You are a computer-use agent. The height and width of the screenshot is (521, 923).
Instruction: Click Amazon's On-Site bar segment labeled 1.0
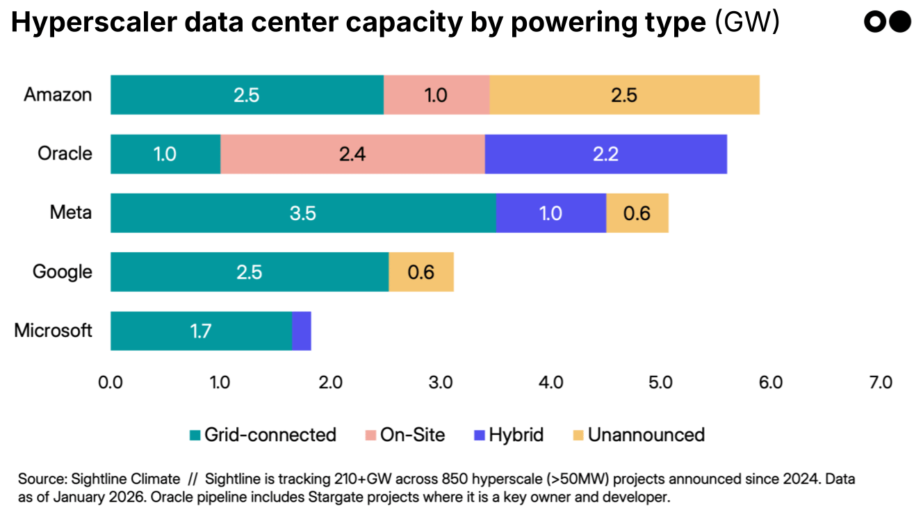coord(436,95)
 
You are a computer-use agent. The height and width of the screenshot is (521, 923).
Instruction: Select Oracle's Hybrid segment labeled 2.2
coord(605,154)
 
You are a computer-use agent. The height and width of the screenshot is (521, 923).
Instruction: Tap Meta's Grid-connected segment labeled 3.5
coord(303,213)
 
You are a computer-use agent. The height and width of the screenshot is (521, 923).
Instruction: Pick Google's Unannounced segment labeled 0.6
coord(420,272)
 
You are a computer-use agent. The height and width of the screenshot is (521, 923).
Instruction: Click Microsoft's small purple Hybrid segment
coord(301,331)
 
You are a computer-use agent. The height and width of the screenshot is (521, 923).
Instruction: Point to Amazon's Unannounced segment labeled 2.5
coord(624,95)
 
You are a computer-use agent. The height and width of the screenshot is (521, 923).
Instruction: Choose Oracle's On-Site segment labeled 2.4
coord(352,154)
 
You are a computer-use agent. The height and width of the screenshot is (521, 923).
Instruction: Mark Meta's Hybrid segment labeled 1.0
coord(550,213)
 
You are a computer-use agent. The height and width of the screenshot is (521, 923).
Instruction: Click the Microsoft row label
coord(53,331)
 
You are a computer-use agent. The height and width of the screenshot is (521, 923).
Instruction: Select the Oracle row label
coord(65,154)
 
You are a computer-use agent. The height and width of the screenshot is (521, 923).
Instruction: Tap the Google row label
coord(62,272)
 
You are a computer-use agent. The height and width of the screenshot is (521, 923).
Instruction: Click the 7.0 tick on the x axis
coord(880,383)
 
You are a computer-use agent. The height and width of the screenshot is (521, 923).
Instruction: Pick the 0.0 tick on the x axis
coord(111,383)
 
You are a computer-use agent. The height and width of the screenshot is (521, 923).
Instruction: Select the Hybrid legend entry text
coord(516,436)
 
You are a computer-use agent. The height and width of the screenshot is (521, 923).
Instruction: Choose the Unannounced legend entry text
coord(646,436)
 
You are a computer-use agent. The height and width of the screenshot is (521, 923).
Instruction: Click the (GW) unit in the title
coord(747,24)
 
